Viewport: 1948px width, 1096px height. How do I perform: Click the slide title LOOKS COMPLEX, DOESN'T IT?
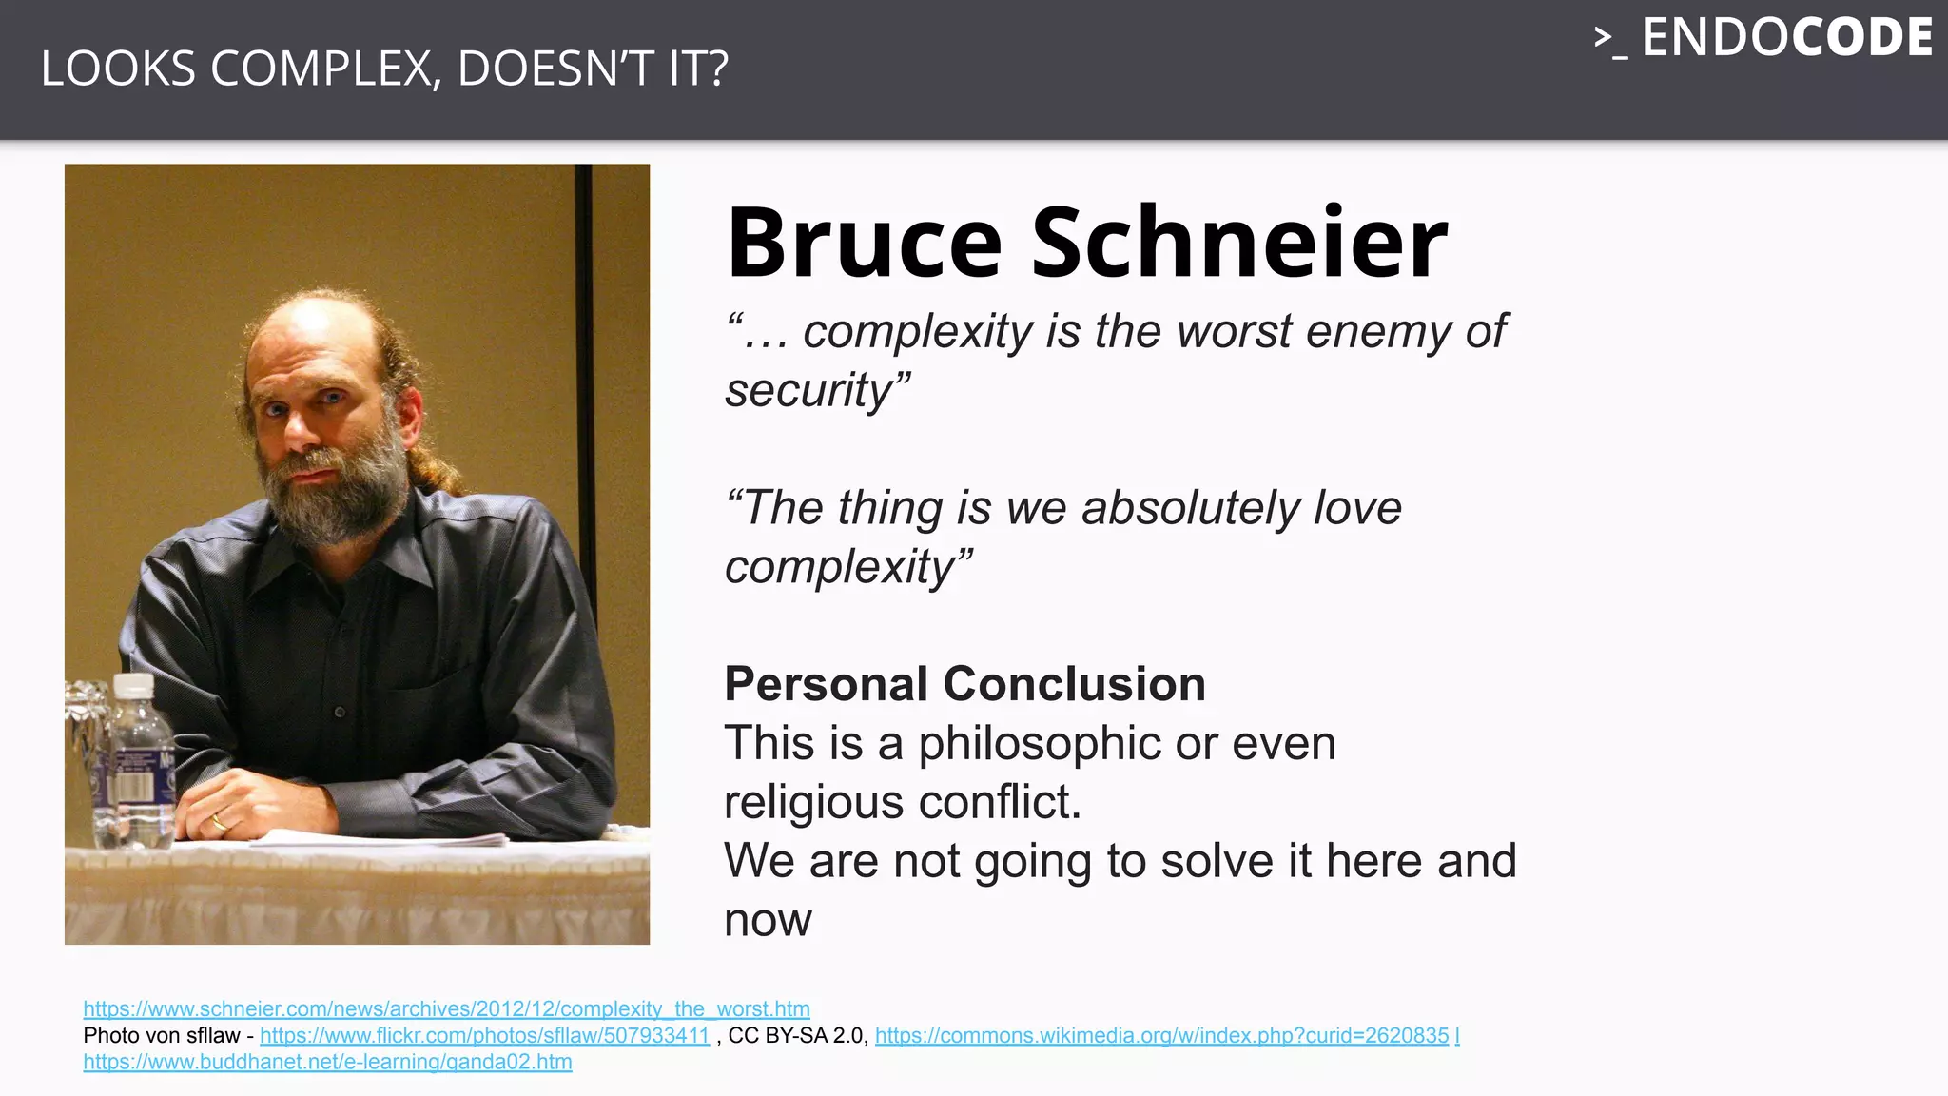coord(384,69)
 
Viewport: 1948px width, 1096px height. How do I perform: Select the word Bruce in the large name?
coord(864,244)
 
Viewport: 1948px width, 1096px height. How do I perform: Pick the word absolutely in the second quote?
coord(1191,508)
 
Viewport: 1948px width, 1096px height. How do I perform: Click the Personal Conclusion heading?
coord(964,684)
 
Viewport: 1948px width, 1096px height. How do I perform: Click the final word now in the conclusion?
coord(768,920)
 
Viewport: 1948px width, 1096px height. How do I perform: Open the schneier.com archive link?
coord(446,1008)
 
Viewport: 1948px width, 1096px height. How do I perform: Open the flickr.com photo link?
coord(484,1035)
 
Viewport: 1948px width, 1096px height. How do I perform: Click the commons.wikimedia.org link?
coord(1161,1035)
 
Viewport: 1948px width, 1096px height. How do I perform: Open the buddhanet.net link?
coord(327,1062)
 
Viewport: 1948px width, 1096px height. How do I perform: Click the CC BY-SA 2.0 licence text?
coord(797,1035)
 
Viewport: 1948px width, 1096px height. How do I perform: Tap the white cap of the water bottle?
coord(133,684)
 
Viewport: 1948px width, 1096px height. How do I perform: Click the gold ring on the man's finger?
coord(219,822)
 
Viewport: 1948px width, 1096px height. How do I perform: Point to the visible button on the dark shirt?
coord(340,712)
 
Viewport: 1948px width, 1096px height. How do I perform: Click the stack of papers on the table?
coord(380,839)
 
